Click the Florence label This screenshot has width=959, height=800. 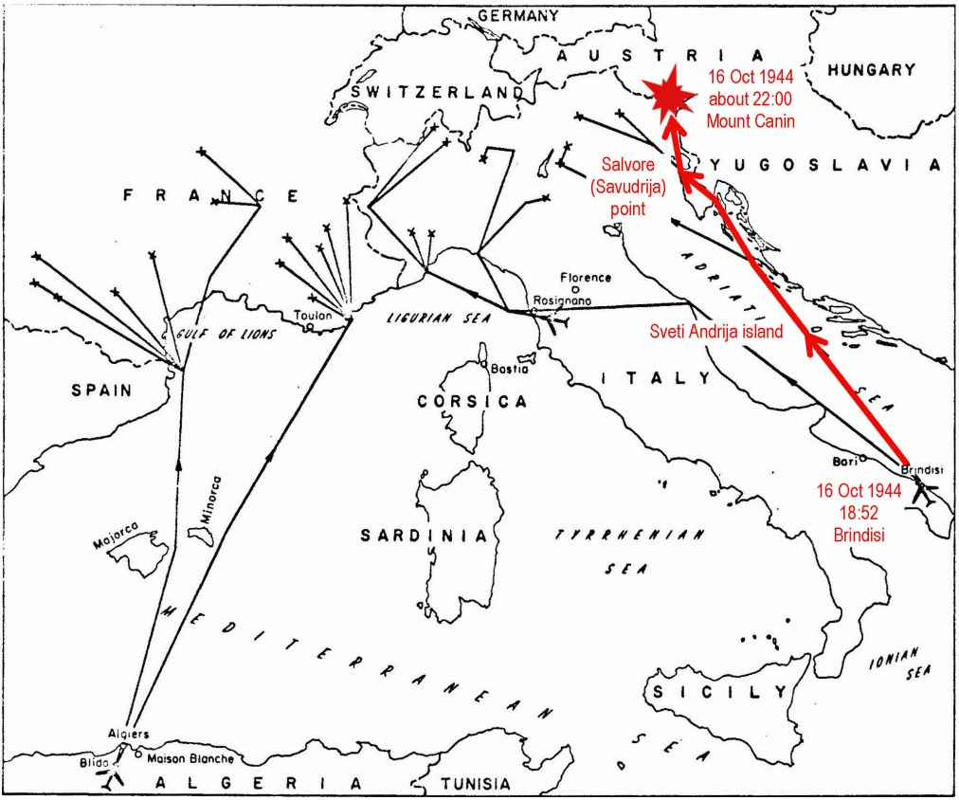(x=585, y=278)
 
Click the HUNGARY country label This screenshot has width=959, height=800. (x=871, y=69)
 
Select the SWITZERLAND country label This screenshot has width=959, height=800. (x=436, y=92)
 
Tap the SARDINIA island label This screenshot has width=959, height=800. (x=424, y=536)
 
